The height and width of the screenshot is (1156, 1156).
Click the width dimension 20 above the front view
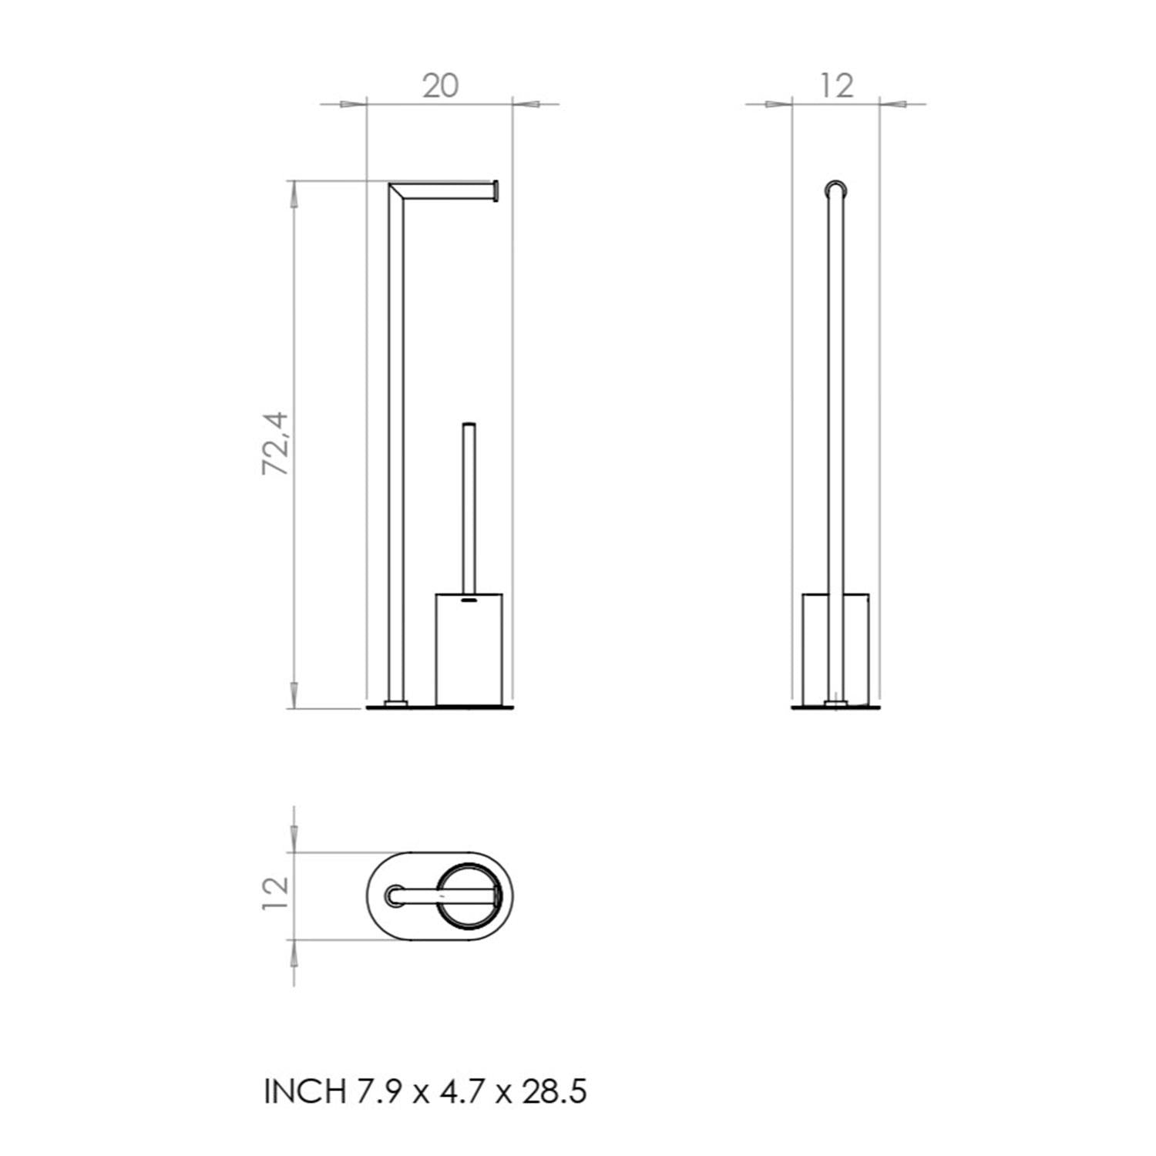pyautogui.click(x=440, y=86)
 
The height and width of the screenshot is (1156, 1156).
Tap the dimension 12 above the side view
pyautogui.click(x=836, y=86)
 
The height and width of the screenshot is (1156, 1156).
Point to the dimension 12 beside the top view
pyautogui.click(x=275, y=894)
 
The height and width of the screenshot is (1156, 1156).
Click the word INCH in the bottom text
pyautogui.click(x=304, y=1091)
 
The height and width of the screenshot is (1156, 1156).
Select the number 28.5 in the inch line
pyautogui.click(x=554, y=1091)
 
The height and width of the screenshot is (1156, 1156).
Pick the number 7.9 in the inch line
pyautogui.click(x=378, y=1091)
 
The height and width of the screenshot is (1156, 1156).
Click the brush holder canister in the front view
pyautogui.click(x=469, y=651)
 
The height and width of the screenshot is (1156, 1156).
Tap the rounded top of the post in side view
pyautogui.click(x=836, y=188)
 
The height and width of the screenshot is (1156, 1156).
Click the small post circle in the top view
pyautogui.click(x=395, y=896)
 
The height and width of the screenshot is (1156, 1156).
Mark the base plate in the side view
pyautogui.click(x=836, y=706)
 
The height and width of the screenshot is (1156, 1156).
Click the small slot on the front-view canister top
pyautogui.click(x=469, y=597)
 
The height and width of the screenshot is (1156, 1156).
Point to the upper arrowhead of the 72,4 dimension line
pyautogui.click(x=293, y=194)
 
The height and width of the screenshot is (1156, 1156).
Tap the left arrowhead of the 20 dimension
pyautogui.click(x=351, y=103)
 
